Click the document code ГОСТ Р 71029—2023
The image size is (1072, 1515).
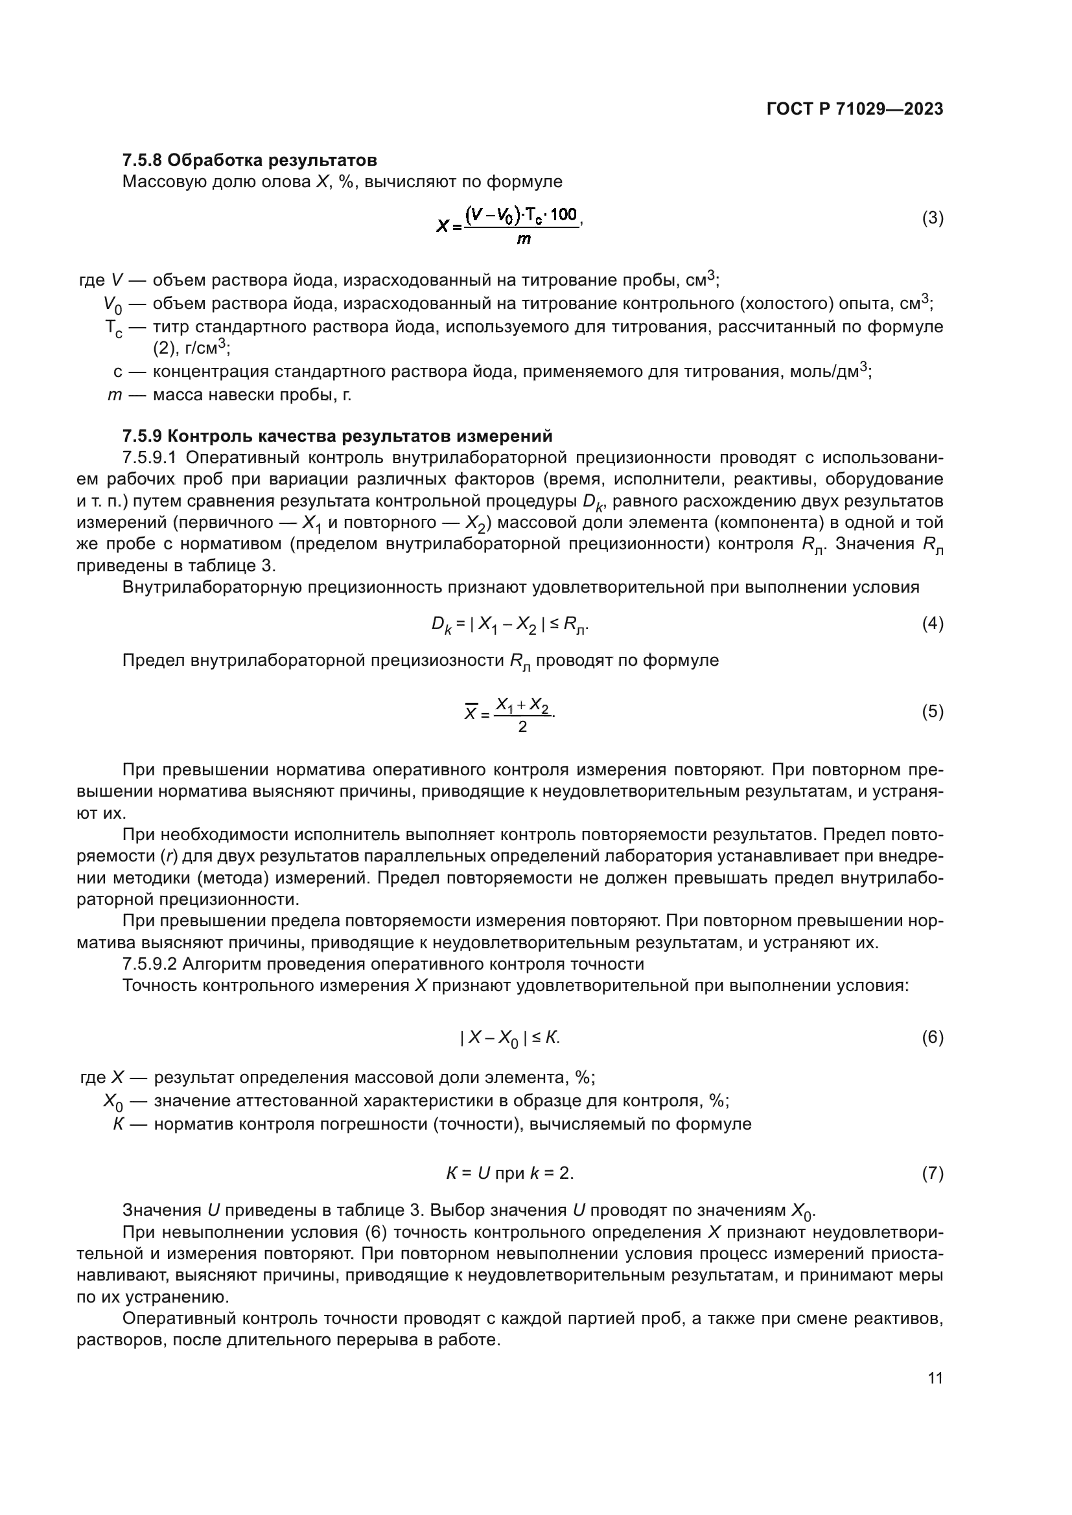855,109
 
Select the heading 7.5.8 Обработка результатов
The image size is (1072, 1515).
250,160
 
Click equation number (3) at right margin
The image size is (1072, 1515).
932,218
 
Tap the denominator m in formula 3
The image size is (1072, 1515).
523,240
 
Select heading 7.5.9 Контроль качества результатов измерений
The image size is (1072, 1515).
337,436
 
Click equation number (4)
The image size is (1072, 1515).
932,624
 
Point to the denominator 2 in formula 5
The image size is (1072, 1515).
522,727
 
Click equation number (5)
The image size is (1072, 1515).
932,711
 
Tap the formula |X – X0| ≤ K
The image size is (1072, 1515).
509,1037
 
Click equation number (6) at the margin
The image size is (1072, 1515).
932,1037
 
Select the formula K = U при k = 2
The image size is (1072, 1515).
509,1172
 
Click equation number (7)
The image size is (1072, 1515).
932,1172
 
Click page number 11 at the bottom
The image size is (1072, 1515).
935,1378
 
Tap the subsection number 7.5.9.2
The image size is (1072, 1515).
149,964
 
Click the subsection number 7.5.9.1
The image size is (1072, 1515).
149,457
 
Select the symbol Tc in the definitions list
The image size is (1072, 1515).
113,328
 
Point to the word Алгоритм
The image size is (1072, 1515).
218,964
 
